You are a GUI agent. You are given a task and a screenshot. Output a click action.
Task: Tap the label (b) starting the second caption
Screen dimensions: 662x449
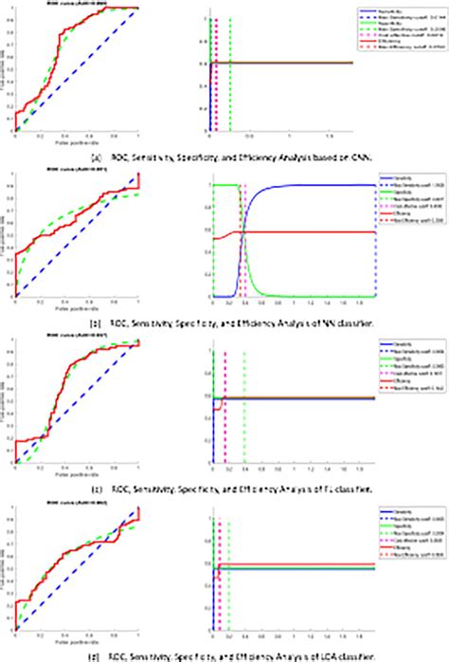tap(97, 322)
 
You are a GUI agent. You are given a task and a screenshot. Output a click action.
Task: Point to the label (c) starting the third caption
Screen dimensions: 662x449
tap(97, 490)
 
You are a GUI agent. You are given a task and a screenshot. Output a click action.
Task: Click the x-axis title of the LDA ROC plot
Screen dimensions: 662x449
tap(76, 636)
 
